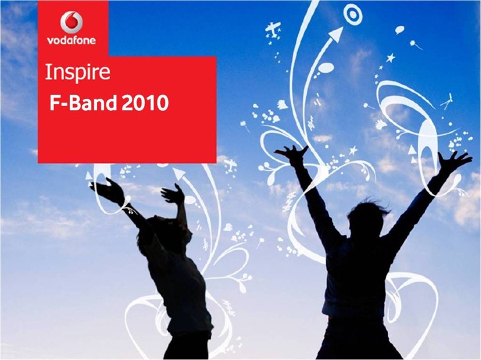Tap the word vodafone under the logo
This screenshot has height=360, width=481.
coord(71,40)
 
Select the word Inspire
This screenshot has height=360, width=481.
coord(77,73)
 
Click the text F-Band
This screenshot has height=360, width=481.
coord(83,102)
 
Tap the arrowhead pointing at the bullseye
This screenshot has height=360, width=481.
coord(337,34)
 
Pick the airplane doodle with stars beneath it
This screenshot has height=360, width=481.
coord(273,29)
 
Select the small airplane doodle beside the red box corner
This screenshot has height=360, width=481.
coord(230,165)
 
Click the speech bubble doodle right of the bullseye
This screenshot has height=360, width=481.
coord(400,30)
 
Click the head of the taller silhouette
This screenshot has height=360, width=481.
coord(367,219)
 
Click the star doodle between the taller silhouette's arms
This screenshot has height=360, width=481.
coord(354,150)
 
